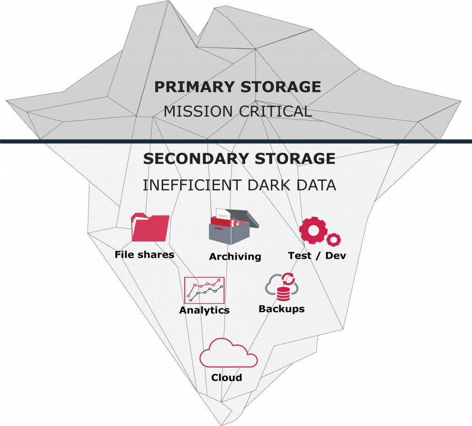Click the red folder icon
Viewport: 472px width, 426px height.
[150, 227]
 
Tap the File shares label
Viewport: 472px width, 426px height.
[144, 255]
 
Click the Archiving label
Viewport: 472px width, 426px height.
[235, 257]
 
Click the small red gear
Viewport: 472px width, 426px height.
[334, 239]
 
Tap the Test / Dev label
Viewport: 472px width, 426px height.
[317, 256]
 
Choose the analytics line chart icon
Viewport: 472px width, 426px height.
[204, 290]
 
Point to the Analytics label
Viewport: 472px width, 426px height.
[204, 310]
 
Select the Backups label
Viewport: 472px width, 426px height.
[281, 309]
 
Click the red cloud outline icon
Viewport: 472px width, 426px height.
[228, 353]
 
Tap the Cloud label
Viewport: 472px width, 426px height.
[226, 378]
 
